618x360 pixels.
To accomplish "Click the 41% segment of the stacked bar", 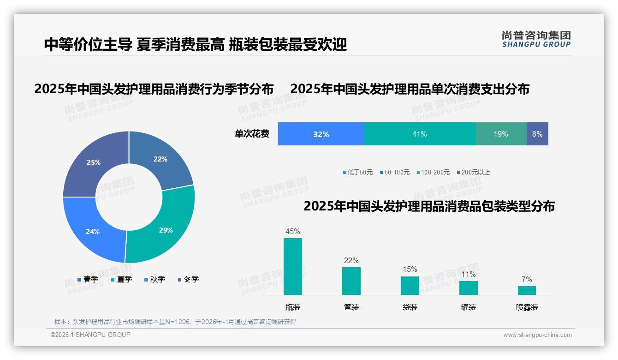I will (420, 134).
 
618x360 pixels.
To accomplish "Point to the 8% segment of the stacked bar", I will (537, 134).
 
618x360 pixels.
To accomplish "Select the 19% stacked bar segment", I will (501, 134).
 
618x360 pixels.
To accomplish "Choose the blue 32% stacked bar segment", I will (321, 134).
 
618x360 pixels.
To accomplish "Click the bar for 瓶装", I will (293, 266).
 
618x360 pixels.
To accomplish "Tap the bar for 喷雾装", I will (527, 290).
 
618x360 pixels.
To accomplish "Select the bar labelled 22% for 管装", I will (351, 281).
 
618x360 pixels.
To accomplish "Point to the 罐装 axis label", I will (469, 307).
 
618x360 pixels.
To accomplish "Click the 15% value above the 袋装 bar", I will (410, 270).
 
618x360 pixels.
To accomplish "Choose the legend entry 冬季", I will (191, 279).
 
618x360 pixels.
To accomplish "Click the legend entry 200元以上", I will (475, 172).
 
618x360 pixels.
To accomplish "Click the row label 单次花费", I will (252, 134).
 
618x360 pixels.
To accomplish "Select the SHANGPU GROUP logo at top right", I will (536, 39).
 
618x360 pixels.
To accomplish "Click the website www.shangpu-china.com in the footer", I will (537, 335).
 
